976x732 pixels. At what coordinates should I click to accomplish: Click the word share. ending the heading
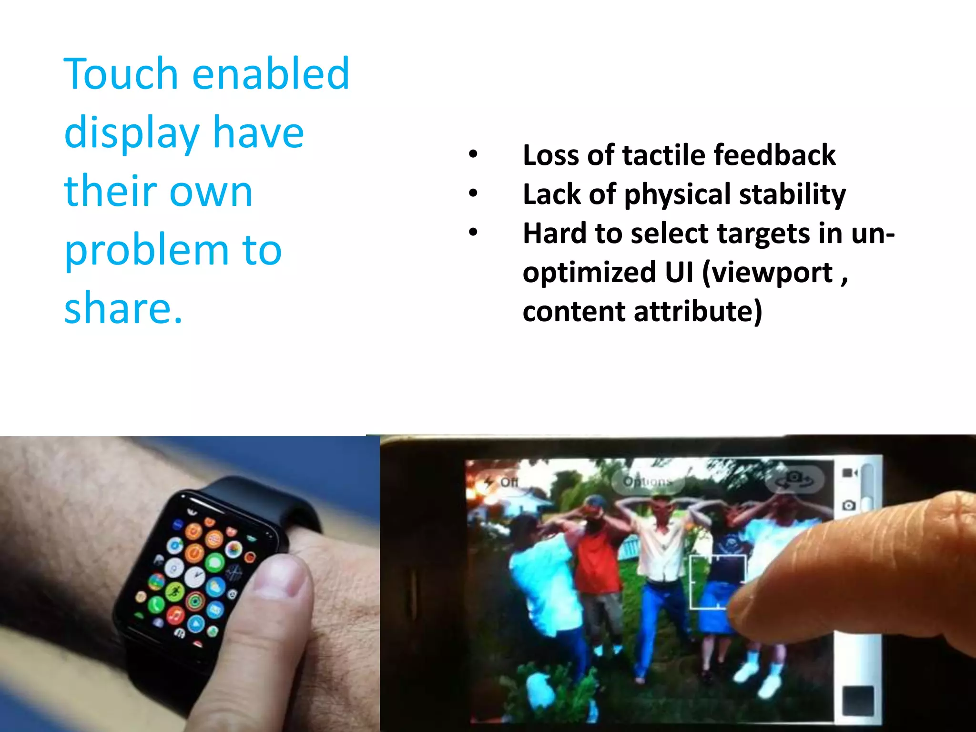(123, 308)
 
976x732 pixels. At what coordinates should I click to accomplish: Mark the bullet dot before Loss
(472, 154)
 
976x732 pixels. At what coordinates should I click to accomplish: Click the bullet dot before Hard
(472, 233)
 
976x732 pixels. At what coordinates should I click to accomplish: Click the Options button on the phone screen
(647, 482)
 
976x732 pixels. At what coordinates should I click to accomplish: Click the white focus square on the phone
(718, 582)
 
